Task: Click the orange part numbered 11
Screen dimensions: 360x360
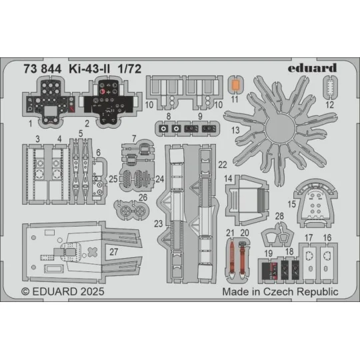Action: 234,85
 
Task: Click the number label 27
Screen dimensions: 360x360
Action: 114,251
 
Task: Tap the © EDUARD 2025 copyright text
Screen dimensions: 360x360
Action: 58,291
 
